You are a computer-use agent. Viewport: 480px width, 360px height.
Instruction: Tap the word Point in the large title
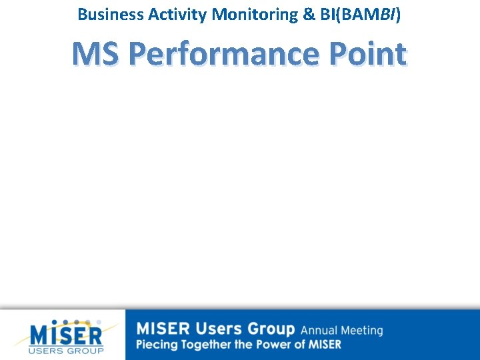pos(366,54)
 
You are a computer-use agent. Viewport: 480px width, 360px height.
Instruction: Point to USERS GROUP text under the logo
pos(66,351)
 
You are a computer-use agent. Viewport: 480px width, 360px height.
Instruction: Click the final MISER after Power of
pos(323,345)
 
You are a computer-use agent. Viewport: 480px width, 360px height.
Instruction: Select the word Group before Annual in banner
pos(271,329)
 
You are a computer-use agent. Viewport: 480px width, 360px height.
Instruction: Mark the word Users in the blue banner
pos(219,329)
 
